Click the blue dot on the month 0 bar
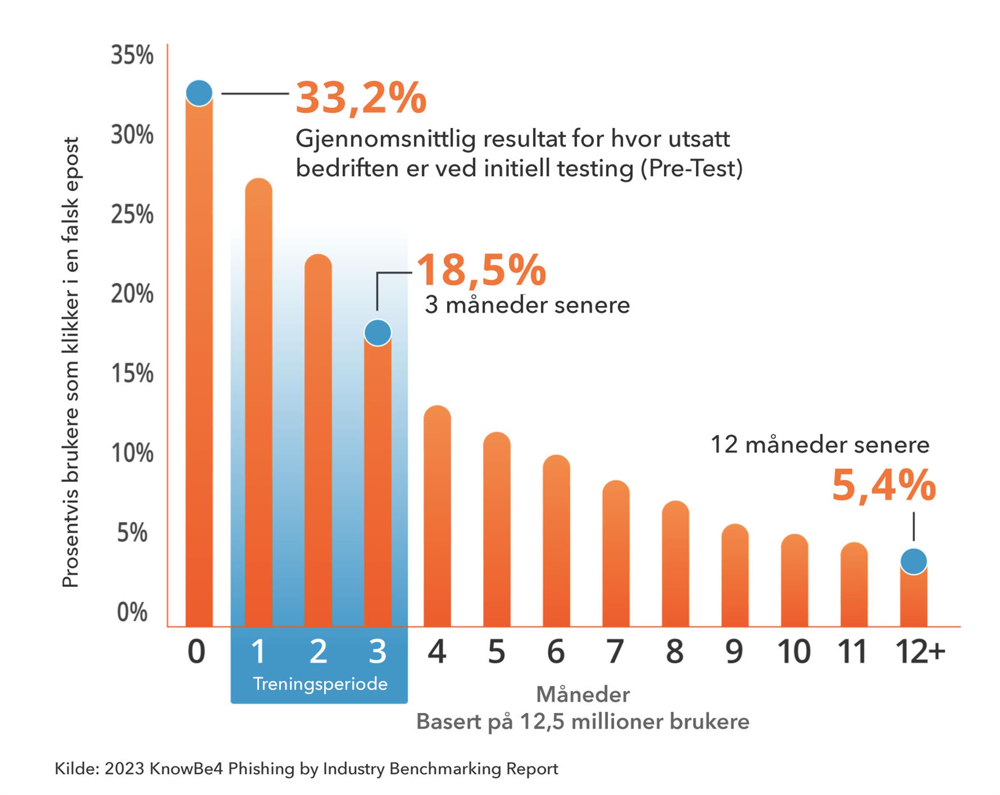[x=199, y=93]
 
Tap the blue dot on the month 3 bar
[x=377, y=332]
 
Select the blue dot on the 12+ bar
[x=913, y=561]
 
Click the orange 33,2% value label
[x=361, y=98]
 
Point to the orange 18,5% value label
[x=481, y=270]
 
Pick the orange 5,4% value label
[x=884, y=485]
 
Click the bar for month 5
[x=496, y=533]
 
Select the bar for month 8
[x=675, y=566]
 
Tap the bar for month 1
[x=258, y=403]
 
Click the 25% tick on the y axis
[x=132, y=214]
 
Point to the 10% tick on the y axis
[x=132, y=453]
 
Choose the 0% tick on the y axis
[x=132, y=612]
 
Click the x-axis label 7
[x=615, y=651]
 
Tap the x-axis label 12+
[x=920, y=651]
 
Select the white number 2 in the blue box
[x=318, y=651]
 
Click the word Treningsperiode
[x=320, y=684]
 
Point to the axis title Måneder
[x=582, y=694]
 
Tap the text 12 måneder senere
[x=820, y=445]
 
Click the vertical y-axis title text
[x=70, y=361]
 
